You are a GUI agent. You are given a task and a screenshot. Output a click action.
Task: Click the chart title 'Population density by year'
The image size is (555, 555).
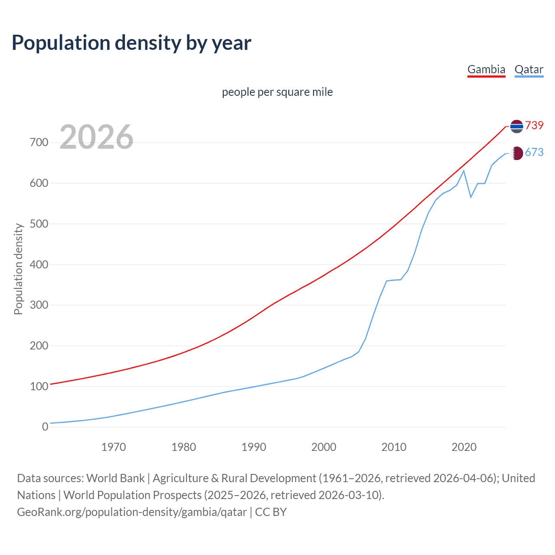[x=131, y=43]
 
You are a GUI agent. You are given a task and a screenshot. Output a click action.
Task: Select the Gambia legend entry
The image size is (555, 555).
[x=486, y=69]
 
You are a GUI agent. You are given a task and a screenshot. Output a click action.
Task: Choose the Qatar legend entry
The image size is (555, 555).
[x=529, y=69]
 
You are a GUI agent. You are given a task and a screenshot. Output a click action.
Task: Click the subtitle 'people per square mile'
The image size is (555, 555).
[x=277, y=92]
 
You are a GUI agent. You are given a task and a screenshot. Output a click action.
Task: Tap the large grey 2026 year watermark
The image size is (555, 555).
[x=96, y=137]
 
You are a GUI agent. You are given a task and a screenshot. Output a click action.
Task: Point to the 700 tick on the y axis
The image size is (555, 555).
[x=39, y=142]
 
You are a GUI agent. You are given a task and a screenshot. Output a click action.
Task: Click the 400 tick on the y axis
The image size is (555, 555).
[x=39, y=264]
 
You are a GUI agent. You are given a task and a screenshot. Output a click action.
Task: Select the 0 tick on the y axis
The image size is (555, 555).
[x=45, y=427]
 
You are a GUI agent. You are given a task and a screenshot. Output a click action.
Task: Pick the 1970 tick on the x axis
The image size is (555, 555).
[x=114, y=447]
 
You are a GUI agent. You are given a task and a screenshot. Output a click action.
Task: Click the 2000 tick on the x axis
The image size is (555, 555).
[x=323, y=447]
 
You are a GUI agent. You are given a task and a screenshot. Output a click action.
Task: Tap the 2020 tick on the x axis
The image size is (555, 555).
[x=464, y=447]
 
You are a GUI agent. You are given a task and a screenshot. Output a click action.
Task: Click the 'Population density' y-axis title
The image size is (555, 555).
[x=18, y=269]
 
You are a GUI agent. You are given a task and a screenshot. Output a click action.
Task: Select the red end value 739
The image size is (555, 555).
[x=534, y=125]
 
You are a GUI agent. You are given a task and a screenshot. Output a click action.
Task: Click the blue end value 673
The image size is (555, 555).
[x=534, y=152]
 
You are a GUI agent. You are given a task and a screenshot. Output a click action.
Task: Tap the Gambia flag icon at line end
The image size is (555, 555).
[x=516, y=126]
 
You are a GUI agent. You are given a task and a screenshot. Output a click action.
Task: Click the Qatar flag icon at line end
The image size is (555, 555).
[x=516, y=153]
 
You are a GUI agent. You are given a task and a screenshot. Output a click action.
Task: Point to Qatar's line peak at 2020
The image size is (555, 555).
[x=464, y=170]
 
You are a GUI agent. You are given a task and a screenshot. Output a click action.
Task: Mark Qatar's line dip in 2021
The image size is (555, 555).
[x=471, y=197]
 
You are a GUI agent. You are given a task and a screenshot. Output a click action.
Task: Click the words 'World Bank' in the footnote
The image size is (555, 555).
[x=115, y=478]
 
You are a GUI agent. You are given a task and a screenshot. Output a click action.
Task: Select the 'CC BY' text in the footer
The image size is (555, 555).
[x=271, y=512]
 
